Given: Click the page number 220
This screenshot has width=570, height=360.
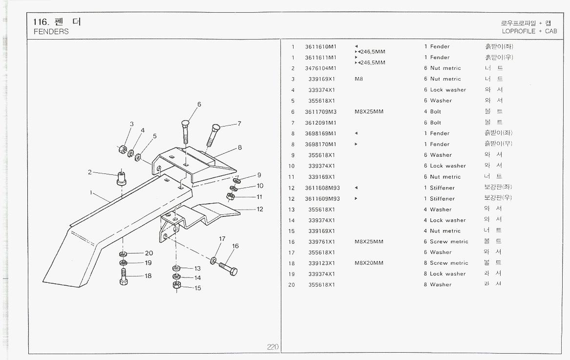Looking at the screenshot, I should [273, 347].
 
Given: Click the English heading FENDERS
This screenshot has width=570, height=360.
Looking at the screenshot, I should [51, 32].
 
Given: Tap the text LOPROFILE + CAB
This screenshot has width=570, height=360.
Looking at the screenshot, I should [529, 31].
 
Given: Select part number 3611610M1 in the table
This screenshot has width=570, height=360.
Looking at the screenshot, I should [321, 47].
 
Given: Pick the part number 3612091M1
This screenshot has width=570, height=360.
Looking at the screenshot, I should [321, 123].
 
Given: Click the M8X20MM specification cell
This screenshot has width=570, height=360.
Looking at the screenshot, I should [369, 263].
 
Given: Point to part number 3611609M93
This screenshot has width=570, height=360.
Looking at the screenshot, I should [322, 199].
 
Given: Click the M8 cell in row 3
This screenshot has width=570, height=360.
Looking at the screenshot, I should [359, 79].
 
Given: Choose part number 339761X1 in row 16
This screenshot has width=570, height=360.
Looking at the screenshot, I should [321, 242].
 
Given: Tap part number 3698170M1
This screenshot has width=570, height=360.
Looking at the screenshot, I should [321, 145].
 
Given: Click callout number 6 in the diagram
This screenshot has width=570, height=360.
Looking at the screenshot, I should [199, 104].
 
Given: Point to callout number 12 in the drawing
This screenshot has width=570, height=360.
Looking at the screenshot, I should [260, 209].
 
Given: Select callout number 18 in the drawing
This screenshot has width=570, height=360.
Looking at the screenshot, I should [148, 275].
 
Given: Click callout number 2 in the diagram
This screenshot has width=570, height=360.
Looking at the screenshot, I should [90, 172].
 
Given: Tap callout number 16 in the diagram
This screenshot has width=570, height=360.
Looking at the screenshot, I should [235, 246].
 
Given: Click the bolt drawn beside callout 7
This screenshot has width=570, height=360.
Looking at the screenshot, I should [213, 135].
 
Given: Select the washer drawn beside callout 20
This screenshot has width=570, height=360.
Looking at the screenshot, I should [124, 254].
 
